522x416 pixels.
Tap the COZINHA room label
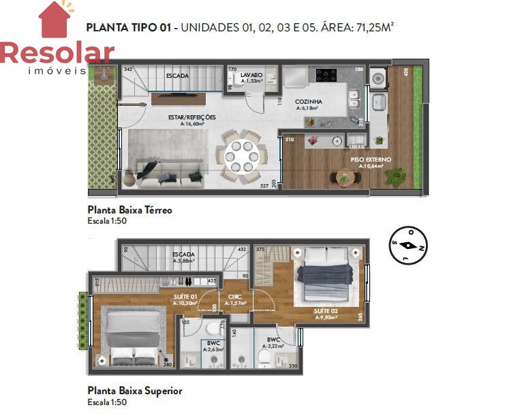pyautogui.click(x=309, y=102)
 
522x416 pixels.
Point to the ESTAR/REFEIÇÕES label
pyautogui.click(x=192, y=117)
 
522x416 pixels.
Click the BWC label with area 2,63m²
pyautogui.click(x=213, y=343)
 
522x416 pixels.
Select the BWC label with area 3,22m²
pyautogui.click(x=273, y=339)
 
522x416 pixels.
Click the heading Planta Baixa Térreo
pyautogui.click(x=129, y=210)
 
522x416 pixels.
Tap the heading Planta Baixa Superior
pyautogui.click(x=134, y=391)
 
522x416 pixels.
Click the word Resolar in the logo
pyautogui.click(x=57, y=53)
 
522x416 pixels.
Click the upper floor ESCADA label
pyautogui.click(x=184, y=253)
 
